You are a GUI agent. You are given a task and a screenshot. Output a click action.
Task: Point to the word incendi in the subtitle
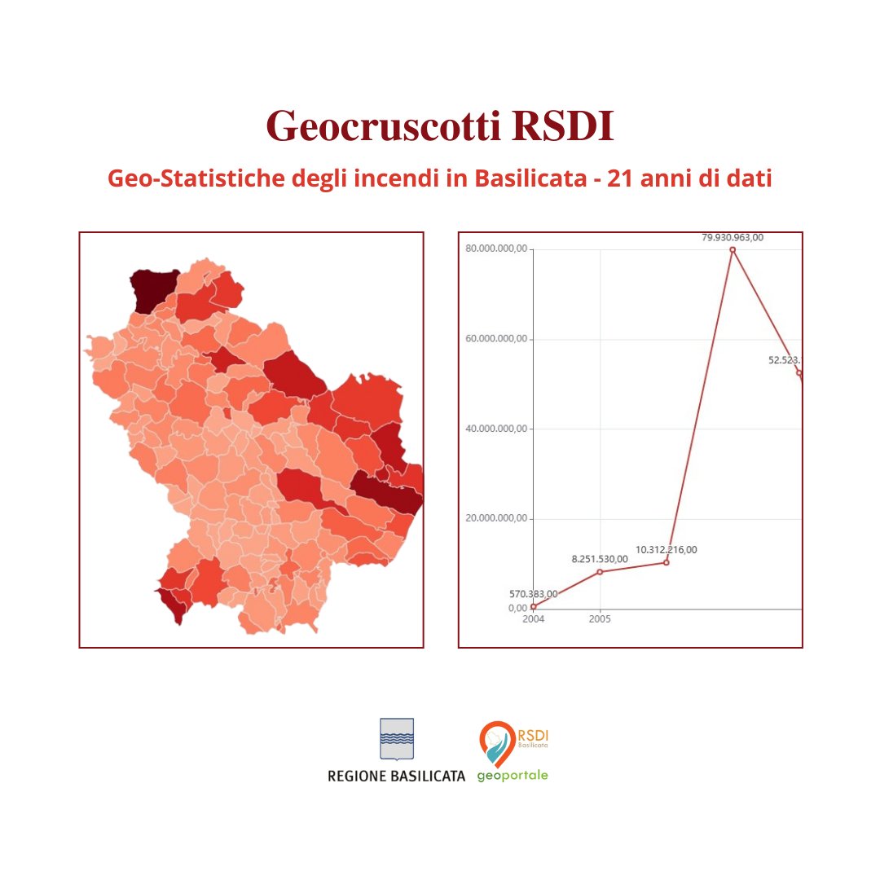coord(398,178)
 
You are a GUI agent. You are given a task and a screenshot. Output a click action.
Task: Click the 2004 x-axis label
coord(533,619)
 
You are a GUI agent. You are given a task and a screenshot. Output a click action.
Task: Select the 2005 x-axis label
coord(600,619)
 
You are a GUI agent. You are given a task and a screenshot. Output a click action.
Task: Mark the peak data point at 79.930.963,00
coord(733,249)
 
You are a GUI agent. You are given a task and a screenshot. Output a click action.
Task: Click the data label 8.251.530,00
coord(600,559)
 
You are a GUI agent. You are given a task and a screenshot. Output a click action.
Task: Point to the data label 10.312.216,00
coord(666,550)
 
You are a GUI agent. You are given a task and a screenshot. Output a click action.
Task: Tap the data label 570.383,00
coord(533,594)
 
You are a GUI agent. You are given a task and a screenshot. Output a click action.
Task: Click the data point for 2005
coord(600,572)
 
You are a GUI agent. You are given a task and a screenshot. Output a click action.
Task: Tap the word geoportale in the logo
coord(513,775)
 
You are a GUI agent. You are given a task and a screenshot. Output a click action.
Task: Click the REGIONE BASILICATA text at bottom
coord(396,776)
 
